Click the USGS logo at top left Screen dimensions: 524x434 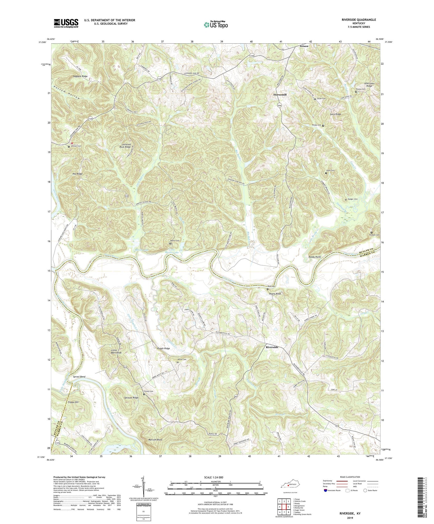(x=66, y=23)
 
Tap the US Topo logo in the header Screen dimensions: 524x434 (x=216, y=25)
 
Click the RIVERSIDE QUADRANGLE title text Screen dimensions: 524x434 (x=359, y=20)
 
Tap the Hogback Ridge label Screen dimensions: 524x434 (x=80, y=76)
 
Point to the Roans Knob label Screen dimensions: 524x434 (x=275, y=294)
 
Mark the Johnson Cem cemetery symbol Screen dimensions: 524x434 (x=69, y=147)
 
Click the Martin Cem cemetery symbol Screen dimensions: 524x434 (x=170, y=244)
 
